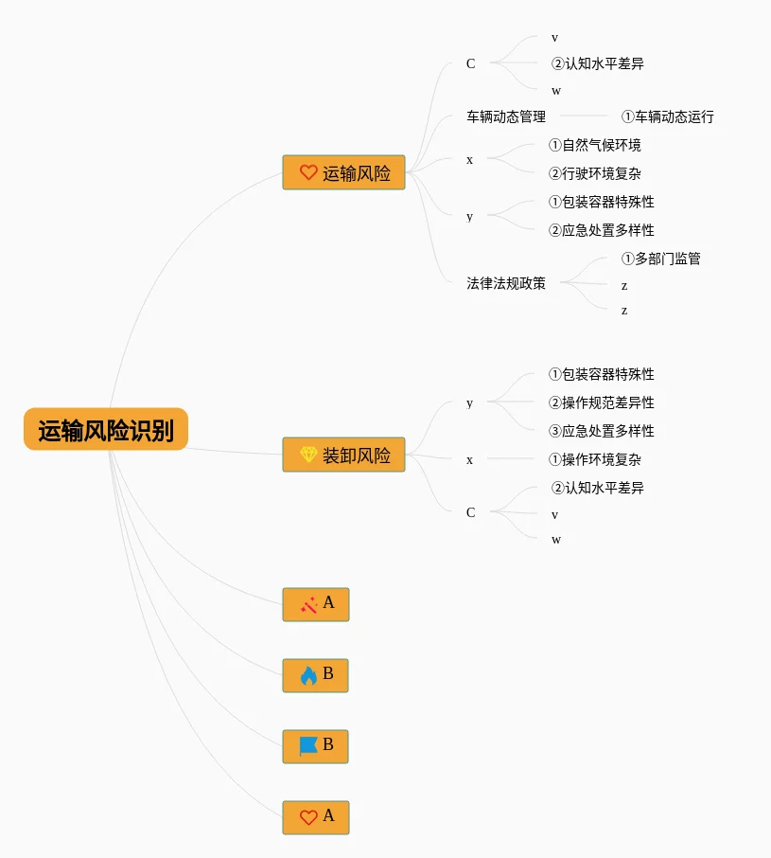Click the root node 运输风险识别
[106, 430]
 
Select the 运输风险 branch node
[343, 172]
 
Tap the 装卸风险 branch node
[343, 455]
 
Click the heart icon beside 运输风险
[308, 172]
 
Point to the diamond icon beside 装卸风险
[308, 455]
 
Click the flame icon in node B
[308, 675]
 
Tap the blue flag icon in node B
[308, 746]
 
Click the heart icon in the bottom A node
[308, 817]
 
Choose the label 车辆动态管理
[506, 117]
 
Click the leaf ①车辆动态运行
[668, 117]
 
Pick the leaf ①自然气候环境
[595, 146]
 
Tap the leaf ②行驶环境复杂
[595, 174]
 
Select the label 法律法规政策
[506, 283]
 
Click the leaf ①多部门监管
[661, 259]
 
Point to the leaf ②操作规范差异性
[602, 402]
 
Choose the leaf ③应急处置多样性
[602, 431]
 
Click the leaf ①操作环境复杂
[595, 459]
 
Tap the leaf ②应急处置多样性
[602, 230]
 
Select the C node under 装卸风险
[471, 512]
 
